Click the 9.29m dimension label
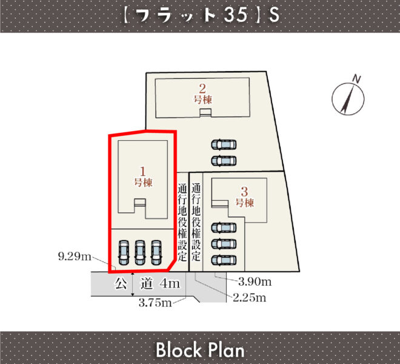click(x=75, y=256)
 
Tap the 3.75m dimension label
click(x=155, y=303)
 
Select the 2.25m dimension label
click(x=250, y=298)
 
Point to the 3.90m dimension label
click(x=255, y=281)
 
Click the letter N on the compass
click(x=356, y=79)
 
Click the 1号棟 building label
click(x=144, y=177)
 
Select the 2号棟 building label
click(x=203, y=94)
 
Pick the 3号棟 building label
click(x=245, y=197)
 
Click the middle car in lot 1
click(x=140, y=252)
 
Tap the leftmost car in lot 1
click(x=124, y=252)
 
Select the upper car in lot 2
click(x=224, y=144)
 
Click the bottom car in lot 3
click(x=224, y=260)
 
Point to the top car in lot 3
click(x=224, y=228)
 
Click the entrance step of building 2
click(x=205, y=113)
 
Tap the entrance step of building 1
click(x=140, y=202)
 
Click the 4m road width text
click(x=170, y=284)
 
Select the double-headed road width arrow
click(x=133, y=284)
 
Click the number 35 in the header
click(x=236, y=15)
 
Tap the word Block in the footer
click(x=179, y=349)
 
